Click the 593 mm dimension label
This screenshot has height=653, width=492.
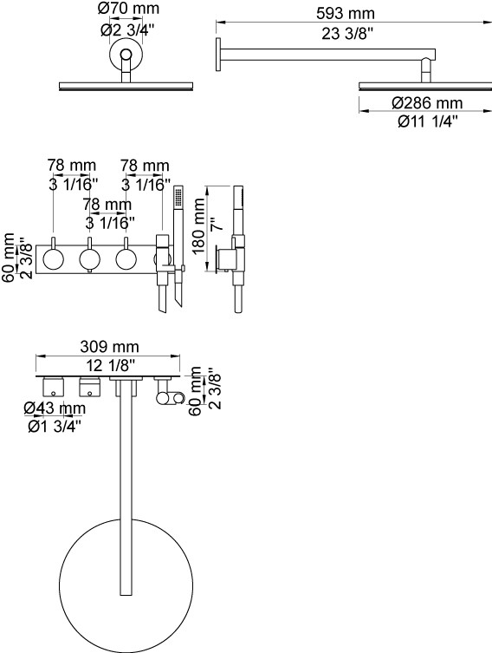pyautogui.click(x=346, y=13)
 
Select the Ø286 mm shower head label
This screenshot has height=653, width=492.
pyautogui.click(x=427, y=103)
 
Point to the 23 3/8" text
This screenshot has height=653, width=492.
pyautogui.click(x=346, y=34)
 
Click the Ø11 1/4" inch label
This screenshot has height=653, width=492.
pyautogui.click(x=428, y=121)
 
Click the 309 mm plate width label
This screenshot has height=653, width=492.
pyautogui.click(x=109, y=346)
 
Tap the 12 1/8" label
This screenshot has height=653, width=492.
pyautogui.click(x=111, y=366)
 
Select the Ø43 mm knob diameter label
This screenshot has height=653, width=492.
pyautogui.click(x=55, y=408)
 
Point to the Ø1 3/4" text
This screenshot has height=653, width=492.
pyautogui.click(x=55, y=427)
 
